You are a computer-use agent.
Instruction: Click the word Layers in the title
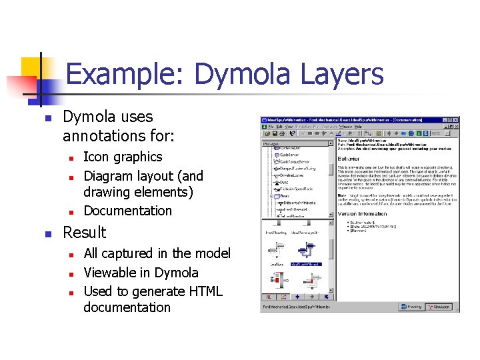pos(342,74)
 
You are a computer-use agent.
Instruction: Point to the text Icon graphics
pos(123,157)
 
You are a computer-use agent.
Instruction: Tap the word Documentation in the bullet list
pos(127,211)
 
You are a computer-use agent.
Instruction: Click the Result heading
pos(84,233)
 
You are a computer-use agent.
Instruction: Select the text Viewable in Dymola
pos(141,273)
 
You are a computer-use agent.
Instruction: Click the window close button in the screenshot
pos(456,120)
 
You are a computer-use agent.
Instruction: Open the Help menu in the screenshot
pos(357,126)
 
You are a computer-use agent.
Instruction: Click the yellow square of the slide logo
pos(32,69)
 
